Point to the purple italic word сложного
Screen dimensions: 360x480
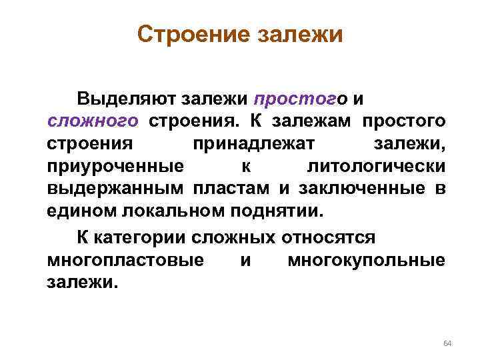click(x=93, y=122)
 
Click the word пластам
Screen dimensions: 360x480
click(x=233, y=189)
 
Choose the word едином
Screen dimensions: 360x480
click(x=82, y=211)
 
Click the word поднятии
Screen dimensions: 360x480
click(x=278, y=211)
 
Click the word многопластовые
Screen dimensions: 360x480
click(x=126, y=260)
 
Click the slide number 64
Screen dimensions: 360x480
click(x=447, y=343)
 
